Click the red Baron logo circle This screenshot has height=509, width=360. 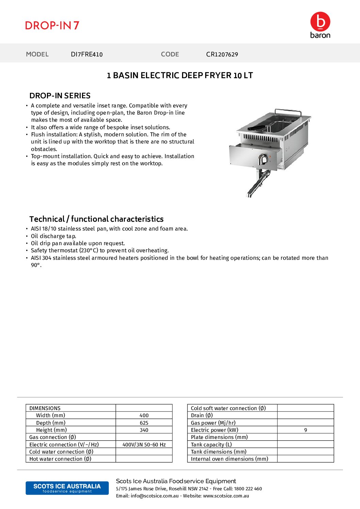point(320,22)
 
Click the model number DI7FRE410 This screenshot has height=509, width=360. point(86,54)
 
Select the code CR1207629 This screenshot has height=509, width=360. point(222,54)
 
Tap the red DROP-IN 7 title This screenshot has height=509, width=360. point(52,26)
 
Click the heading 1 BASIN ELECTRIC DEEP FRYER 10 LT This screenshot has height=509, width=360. point(180,75)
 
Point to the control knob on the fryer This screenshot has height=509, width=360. point(263,159)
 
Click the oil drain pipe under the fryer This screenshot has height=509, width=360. point(259,184)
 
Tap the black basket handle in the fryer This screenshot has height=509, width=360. point(256,128)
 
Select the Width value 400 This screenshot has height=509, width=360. point(144,415)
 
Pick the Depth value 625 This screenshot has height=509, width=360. point(144,423)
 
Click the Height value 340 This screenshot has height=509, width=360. point(144,430)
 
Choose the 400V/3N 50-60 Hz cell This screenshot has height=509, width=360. point(144,445)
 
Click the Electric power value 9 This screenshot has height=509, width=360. point(306,430)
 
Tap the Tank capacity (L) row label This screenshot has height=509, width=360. point(211,445)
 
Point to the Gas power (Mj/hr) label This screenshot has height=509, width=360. point(213,423)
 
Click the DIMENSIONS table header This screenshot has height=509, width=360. point(45,408)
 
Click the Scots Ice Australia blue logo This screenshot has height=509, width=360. point(67,488)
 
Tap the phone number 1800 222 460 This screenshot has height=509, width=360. point(248,489)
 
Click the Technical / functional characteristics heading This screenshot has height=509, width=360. point(96,219)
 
